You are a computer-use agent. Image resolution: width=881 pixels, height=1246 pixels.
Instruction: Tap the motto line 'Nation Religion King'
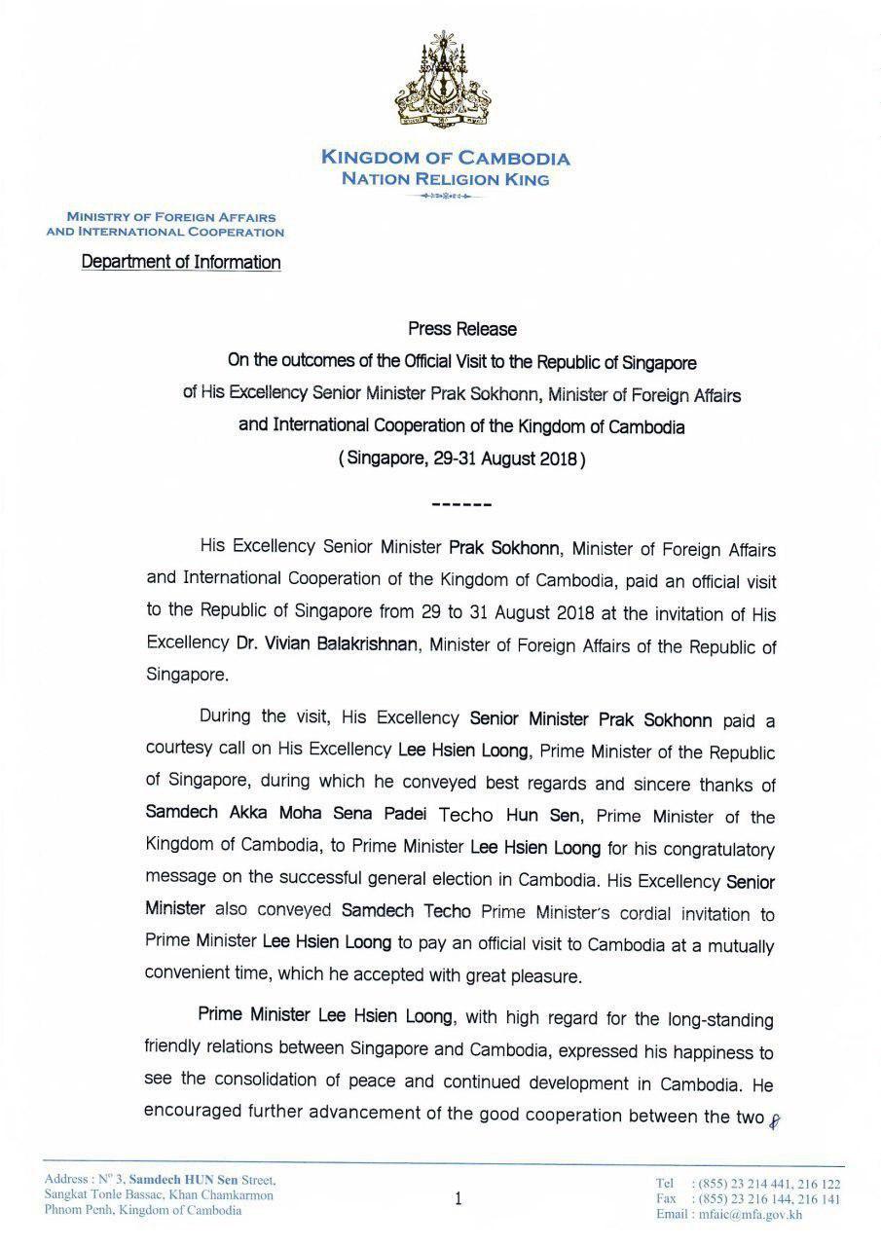tap(445, 179)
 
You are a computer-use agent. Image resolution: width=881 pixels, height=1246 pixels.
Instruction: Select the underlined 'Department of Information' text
tap(181, 262)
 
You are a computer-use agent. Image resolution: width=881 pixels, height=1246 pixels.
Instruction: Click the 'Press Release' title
tap(462, 329)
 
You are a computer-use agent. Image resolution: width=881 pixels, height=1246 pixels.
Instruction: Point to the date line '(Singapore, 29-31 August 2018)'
tap(462, 458)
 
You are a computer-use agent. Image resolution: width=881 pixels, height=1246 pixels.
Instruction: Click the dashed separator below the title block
tap(461, 504)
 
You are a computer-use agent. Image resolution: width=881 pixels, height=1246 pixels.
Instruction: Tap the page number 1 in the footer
tap(458, 1200)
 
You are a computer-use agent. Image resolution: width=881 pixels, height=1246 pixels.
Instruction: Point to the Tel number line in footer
tap(748, 1184)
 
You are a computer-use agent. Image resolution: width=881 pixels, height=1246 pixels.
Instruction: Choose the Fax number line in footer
tap(748, 1199)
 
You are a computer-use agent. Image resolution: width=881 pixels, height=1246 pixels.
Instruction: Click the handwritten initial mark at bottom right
tap(776, 1120)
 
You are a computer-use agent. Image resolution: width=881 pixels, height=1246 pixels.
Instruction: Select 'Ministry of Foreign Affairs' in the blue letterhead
tap(170, 217)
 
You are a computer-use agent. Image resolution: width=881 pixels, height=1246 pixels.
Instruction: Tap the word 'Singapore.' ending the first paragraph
tap(187, 674)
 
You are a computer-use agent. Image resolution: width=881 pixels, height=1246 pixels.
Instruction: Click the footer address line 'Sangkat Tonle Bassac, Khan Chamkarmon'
tap(159, 1195)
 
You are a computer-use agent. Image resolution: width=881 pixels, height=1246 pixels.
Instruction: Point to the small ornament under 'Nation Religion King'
tap(445, 197)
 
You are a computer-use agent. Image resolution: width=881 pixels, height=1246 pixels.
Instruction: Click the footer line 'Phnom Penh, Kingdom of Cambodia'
tap(143, 1211)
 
